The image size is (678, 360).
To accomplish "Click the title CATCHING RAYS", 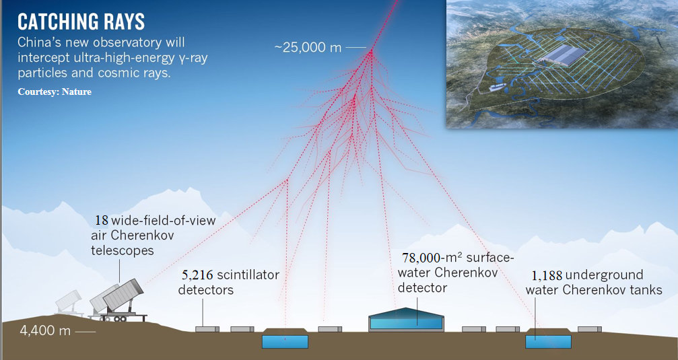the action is coord(81,22).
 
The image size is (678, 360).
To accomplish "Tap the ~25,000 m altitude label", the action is coord(308,47).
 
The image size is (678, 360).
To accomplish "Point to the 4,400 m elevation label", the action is coord(45,330).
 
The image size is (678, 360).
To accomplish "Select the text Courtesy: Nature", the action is coord(55,92).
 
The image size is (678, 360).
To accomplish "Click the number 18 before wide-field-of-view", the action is coord(101,221).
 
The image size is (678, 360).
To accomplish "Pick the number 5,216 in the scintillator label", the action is coord(197,275).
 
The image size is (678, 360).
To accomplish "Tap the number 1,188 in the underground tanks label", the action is coord(547,275).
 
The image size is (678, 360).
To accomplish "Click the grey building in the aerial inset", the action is coord(562,56).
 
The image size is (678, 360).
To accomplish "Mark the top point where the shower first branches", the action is coord(370,52).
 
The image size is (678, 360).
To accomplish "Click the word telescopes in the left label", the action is coord(123,250).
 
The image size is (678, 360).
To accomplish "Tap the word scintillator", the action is coord(248,275).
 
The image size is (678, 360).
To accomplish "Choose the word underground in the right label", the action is coord(605,275).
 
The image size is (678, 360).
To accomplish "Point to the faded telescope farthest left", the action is coord(68,300).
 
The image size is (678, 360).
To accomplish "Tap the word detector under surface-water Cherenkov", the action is coord(422,288).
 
